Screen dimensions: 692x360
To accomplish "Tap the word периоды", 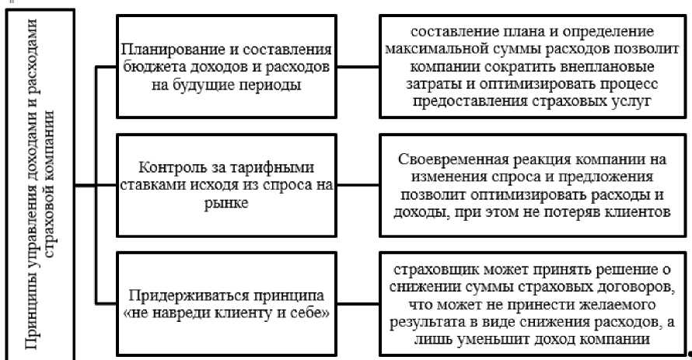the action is (x=270, y=84).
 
